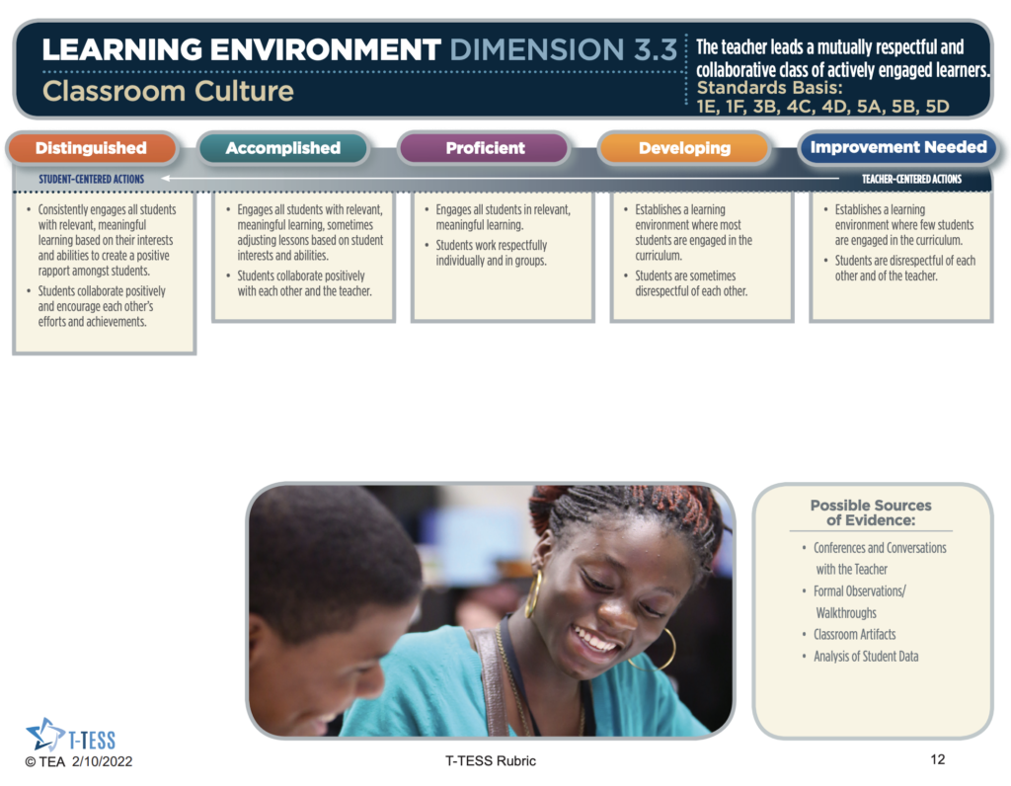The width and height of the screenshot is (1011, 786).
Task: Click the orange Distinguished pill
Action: pyautogui.click(x=92, y=148)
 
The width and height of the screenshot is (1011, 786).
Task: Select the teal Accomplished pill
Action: pyautogui.click(x=283, y=148)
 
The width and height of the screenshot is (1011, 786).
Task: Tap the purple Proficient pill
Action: pyautogui.click(x=485, y=148)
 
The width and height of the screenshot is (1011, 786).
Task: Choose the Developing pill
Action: pyautogui.click(x=685, y=148)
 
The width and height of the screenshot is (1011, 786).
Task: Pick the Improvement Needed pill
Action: pyautogui.click(x=898, y=148)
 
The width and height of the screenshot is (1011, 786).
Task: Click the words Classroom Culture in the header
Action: pyautogui.click(x=168, y=91)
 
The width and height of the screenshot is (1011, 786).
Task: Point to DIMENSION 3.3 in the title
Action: pyautogui.click(x=564, y=49)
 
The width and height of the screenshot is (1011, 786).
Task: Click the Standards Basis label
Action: pyautogui.click(x=770, y=88)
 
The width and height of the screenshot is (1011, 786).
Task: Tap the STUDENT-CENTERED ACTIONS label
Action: pyautogui.click(x=92, y=180)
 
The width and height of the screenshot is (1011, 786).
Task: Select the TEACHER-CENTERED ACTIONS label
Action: pyautogui.click(x=911, y=180)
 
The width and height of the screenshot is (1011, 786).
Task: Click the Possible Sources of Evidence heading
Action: pyautogui.click(x=871, y=512)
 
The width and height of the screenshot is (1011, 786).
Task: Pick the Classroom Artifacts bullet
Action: pyautogui.click(x=854, y=635)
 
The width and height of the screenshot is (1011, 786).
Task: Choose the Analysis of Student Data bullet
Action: pyautogui.click(x=866, y=657)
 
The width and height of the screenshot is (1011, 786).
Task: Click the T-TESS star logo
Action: pyautogui.click(x=44, y=735)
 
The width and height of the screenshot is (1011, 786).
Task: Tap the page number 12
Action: pyautogui.click(x=938, y=759)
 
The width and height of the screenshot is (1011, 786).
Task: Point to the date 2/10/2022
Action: pyautogui.click(x=102, y=761)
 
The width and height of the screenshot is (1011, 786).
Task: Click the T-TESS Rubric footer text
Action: pyautogui.click(x=491, y=761)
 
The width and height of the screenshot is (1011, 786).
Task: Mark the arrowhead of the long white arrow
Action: pyautogui.click(x=165, y=179)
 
